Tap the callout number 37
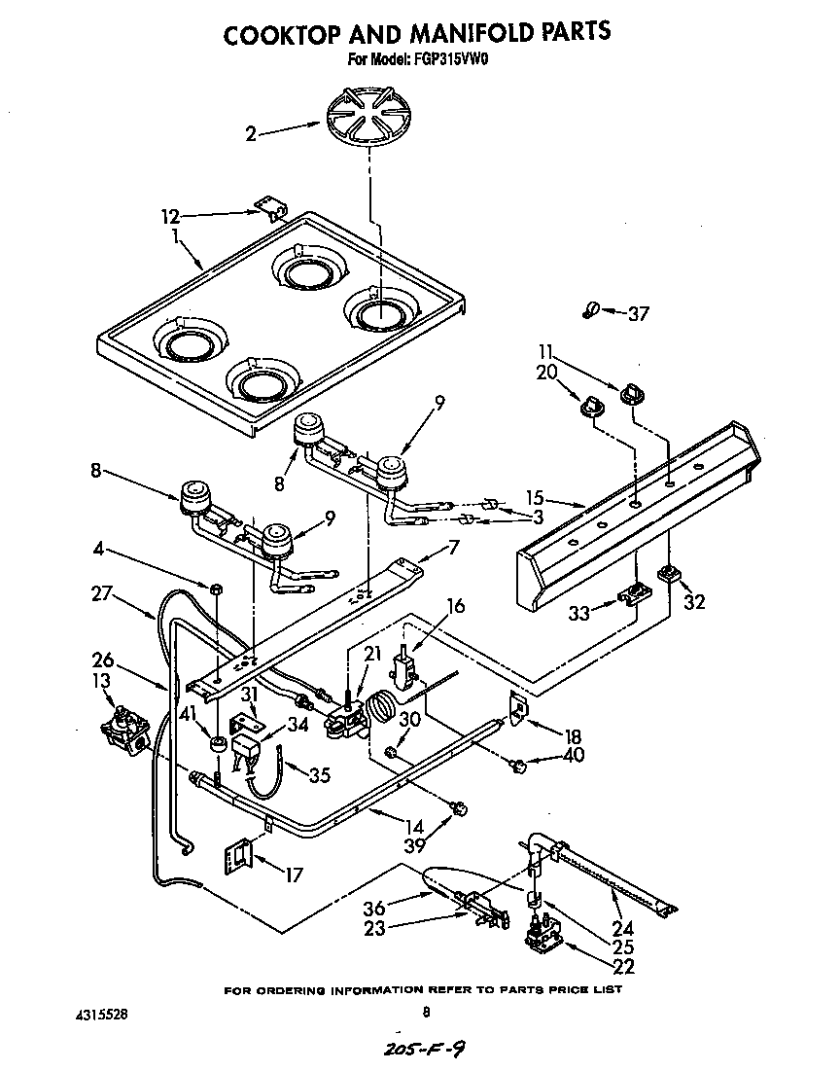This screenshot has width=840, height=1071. point(639,313)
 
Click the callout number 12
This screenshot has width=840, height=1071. point(171,216)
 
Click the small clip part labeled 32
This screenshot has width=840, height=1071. point(668,575)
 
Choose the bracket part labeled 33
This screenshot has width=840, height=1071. point(634,591)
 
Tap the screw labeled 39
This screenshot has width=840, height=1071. point(459,807)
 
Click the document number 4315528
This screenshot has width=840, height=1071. point(100,1015)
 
